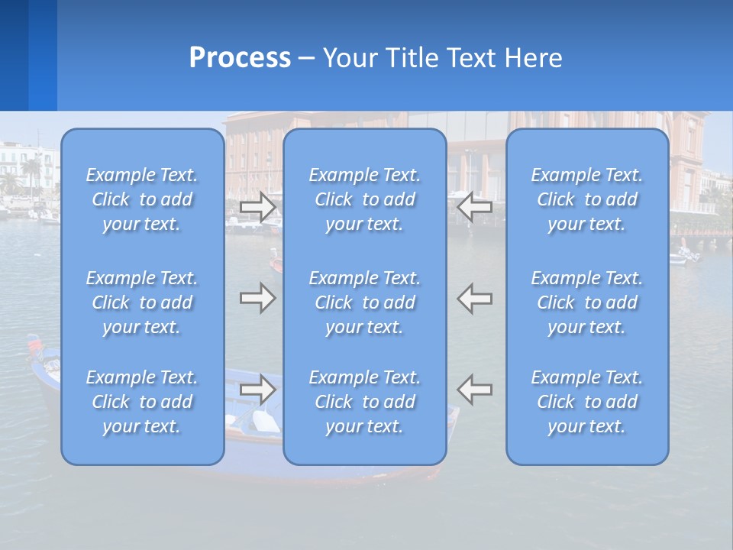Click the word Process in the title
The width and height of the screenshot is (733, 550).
click(x=240, y=58)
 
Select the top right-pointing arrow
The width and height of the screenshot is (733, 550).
click(x=258, y=206)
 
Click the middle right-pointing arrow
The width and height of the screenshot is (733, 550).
click(x=258, y=297)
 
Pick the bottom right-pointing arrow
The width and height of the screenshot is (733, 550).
click(x=258, y=390)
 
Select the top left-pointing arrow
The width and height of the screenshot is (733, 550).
click(x=475, y=206)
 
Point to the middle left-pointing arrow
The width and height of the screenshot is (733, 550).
click(x=475, y=297)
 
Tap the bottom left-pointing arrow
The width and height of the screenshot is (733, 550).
click(x=475, y=390)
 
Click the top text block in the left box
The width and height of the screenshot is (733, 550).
click(x=142, y=199)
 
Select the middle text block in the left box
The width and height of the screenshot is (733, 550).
click(x=142, y=302)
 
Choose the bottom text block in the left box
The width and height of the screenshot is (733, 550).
click(x=142, y=402)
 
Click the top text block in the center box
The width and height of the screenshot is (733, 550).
click(x=365, y=199)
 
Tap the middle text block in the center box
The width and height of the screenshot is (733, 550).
click(x=365, y=302)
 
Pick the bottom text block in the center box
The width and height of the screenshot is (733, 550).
click(x=365, y=402)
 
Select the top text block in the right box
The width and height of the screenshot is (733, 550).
click(x=587, y=199)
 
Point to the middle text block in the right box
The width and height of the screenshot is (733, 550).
click(x=587, y=302)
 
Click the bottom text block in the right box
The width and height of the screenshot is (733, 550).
click(x=587, y=402)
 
